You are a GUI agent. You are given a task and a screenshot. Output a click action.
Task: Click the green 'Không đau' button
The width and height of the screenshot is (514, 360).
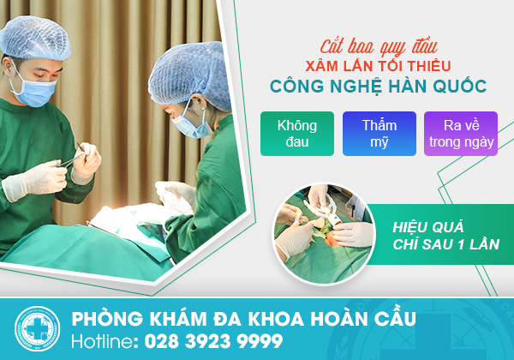[297, 134]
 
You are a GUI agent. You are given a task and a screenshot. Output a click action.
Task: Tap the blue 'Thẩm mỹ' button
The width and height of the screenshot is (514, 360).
[380, 134]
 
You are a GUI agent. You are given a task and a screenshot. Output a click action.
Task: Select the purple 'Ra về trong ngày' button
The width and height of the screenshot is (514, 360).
[461, 134]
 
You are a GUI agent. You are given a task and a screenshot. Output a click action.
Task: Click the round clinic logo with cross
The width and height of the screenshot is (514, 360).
[37, 328]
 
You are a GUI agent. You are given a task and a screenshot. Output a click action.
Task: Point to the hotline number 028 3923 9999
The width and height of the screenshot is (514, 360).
[213, 341]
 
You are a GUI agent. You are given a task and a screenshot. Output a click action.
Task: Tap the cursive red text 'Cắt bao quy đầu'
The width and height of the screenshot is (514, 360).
[379, 46]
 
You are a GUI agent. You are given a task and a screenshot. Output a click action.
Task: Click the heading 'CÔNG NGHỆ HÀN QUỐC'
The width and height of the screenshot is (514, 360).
[379, 87]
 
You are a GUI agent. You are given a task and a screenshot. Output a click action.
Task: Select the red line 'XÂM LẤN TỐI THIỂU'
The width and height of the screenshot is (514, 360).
[378, 66]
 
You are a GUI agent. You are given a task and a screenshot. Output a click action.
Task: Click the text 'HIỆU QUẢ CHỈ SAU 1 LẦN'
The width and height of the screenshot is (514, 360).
[445, 236]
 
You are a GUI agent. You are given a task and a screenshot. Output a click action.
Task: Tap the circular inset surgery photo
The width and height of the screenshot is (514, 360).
[324, 233]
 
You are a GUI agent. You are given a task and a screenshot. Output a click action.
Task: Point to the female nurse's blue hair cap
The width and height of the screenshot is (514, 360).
[191, 75]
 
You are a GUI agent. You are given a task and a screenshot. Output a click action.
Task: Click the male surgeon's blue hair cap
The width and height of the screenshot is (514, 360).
[34, 38]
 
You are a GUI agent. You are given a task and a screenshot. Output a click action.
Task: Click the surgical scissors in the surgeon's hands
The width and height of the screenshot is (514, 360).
[75, 157]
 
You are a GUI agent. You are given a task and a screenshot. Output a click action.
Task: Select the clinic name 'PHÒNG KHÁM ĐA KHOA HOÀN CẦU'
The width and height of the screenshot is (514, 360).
[244, 318]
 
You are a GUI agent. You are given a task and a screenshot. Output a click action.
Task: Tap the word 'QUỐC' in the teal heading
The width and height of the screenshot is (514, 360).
[460, 86]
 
